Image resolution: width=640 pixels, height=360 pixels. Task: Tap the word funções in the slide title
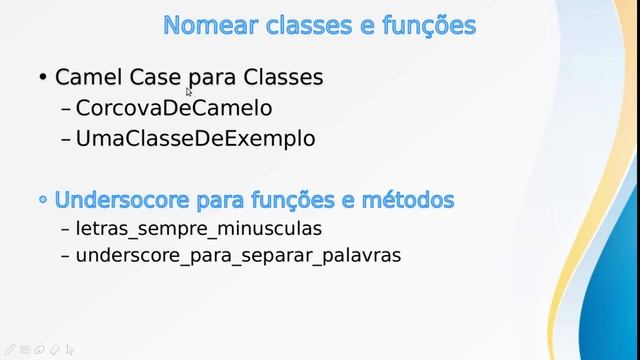pos(427,24)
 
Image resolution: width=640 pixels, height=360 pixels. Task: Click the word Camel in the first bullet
pos(87,77)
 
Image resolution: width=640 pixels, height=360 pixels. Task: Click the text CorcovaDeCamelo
pos(174,108)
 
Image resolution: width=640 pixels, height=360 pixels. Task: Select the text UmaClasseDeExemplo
pos(195,139)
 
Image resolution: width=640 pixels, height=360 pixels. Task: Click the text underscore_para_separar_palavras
pos(238,255)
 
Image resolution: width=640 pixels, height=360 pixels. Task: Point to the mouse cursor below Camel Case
pos(188,92)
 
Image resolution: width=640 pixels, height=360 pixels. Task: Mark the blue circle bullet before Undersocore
pos(43,200)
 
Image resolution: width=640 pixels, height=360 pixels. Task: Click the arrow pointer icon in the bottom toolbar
pos(69,351)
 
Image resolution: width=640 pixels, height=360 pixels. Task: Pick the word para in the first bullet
pos(207,77)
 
